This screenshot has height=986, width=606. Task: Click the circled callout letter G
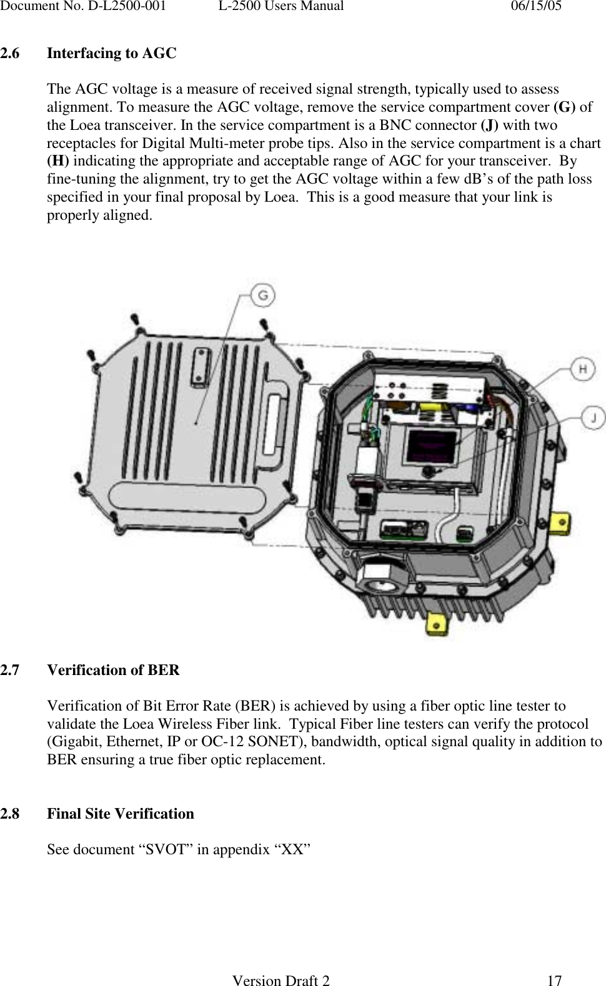(x=263, y=295)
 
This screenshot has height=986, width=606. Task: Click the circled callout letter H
(x=582, y=369)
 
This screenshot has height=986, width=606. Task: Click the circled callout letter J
(x=592, y=417)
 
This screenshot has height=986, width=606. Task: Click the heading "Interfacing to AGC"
(x=112, y=54)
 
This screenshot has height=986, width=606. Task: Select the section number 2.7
(x=10, y=671)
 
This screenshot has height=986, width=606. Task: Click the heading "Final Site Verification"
(x=121, y=814)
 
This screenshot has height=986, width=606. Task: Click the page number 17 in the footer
(x=554, y=981)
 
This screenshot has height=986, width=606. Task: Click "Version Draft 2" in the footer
(x=281, y=981)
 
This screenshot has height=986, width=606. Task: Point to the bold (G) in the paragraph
(x=564, y=107)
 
